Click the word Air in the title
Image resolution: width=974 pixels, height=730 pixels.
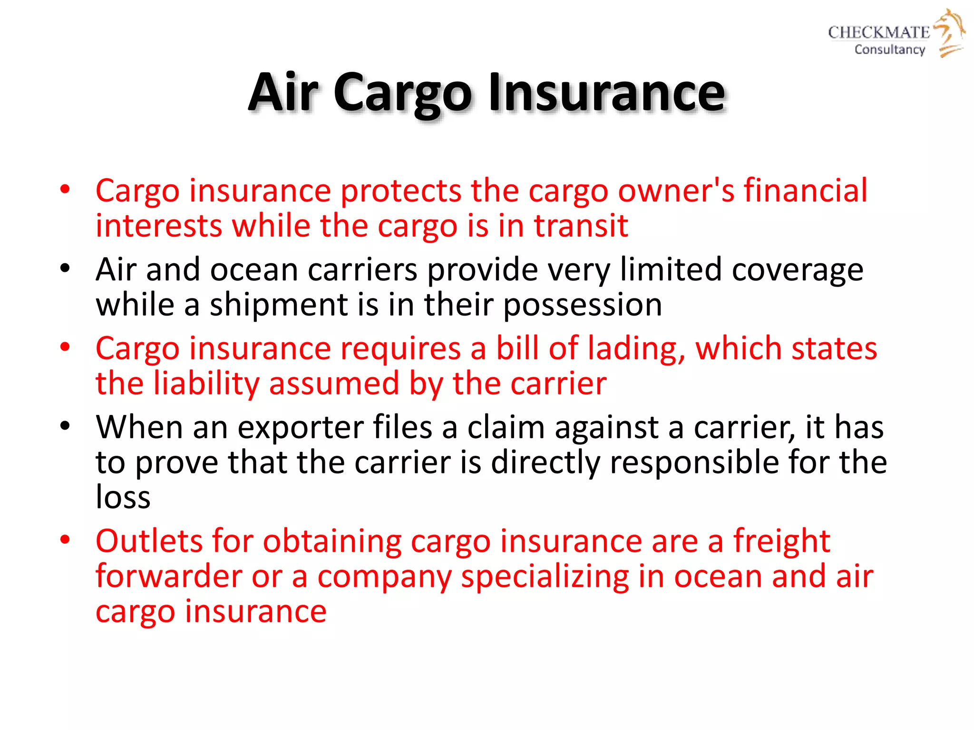tap(283, 93)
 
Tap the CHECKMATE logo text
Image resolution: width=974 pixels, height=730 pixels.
tap(878, 32)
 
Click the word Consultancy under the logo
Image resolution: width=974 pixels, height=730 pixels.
tap(889, 49)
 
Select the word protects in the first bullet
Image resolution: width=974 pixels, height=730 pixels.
tap(401, 191)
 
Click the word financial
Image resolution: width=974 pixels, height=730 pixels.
tap(806, 190)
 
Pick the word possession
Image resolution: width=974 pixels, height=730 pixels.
tap(583, 305)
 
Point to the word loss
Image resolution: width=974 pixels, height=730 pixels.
tap(123, 498)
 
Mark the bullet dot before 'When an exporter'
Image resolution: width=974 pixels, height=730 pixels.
tap(65, 426)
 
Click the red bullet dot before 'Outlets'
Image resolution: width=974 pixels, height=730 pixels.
tap(65, 540)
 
